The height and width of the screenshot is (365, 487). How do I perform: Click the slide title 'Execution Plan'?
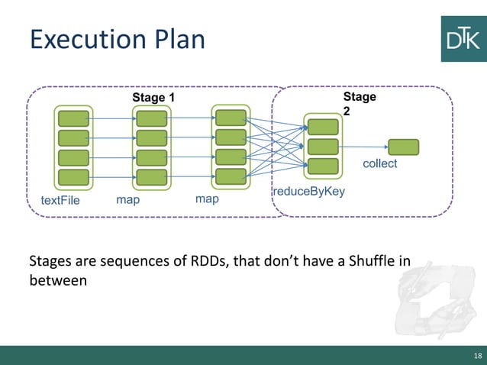117,39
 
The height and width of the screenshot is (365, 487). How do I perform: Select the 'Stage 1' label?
153,98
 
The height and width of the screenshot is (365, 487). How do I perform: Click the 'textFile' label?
60,200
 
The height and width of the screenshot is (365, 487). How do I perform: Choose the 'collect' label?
379,163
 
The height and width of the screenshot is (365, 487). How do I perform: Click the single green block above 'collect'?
403,147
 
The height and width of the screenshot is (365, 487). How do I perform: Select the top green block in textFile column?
73,118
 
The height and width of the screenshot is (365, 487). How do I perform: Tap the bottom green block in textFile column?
73,177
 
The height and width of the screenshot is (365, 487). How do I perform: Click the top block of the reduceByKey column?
323,126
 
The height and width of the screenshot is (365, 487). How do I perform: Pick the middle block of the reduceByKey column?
323,146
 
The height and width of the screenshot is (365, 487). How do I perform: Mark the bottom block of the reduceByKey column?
323,166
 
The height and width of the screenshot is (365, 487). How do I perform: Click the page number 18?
478,356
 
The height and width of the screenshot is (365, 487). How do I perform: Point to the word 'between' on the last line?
58,281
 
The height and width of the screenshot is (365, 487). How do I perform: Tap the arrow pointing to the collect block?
363,147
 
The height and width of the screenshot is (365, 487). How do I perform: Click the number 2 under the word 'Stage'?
347,111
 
